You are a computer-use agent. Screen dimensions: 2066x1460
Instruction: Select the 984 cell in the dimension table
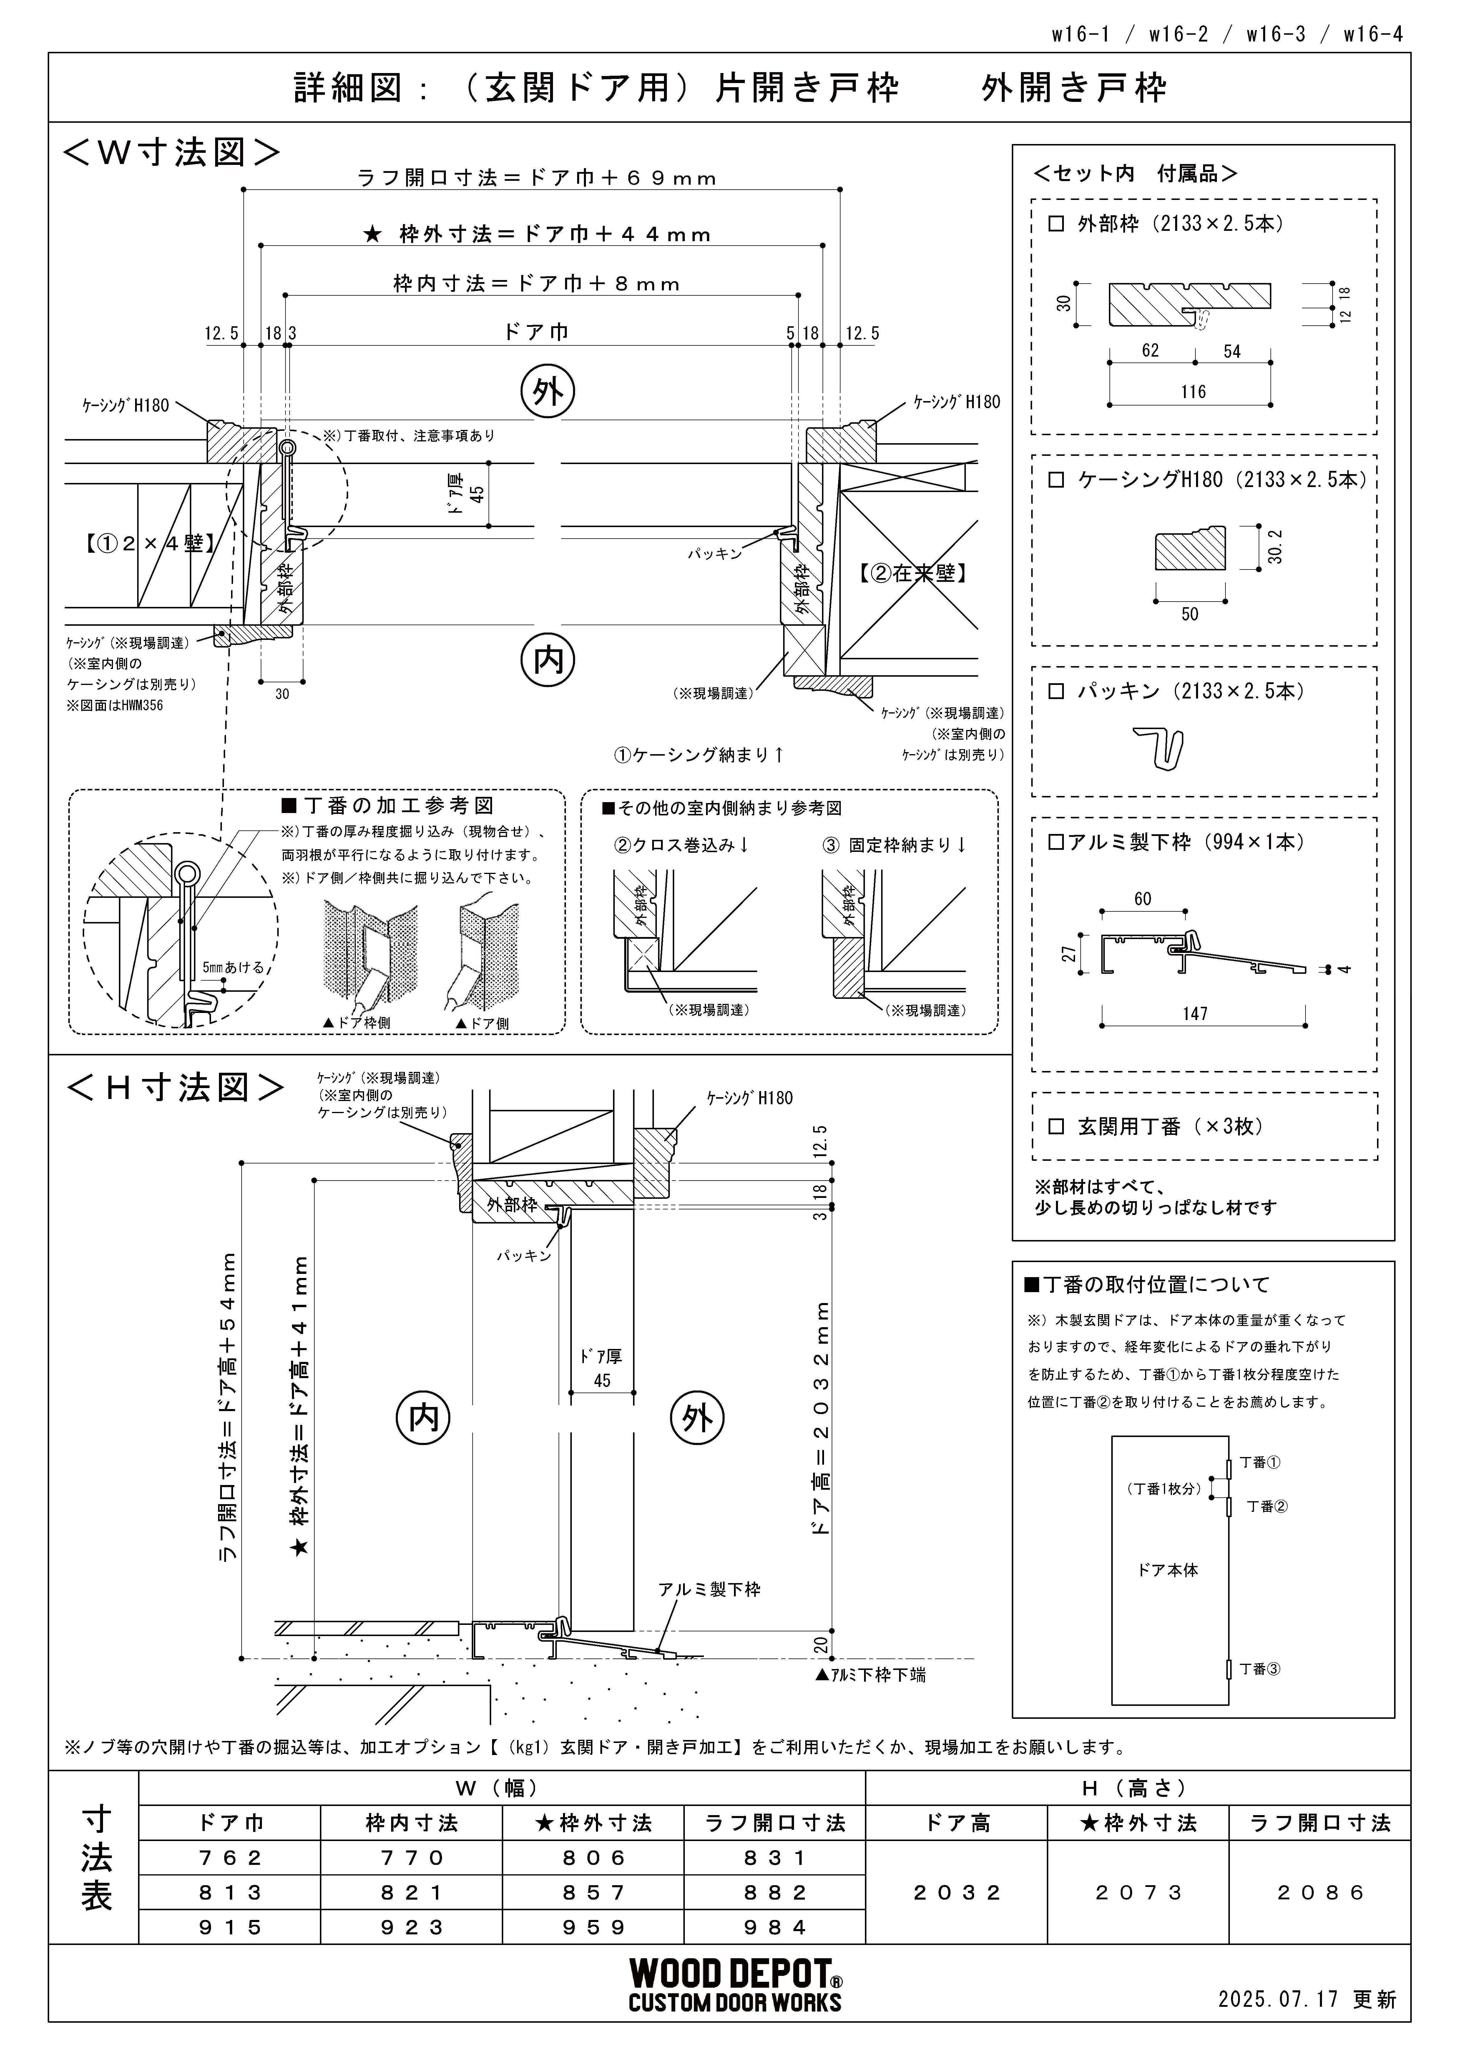pos(775,1927)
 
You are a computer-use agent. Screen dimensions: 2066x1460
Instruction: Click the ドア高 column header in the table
pos(957,1823)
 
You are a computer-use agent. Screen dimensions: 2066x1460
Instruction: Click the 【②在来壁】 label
pos(912,573)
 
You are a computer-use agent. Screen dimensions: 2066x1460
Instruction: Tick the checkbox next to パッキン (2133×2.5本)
pos(1056,692)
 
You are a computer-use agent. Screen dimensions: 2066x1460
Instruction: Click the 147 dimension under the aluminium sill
pos(1195,1014)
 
